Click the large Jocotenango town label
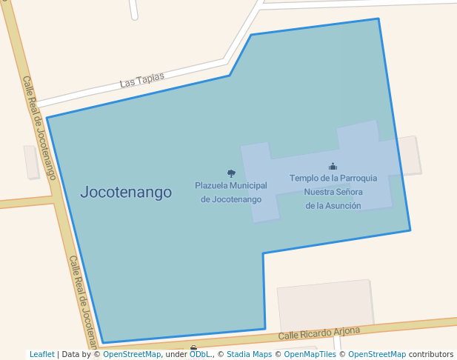point(126,193)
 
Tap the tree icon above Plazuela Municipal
point(231,173)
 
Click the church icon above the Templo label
point(333,167)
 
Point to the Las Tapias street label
point(141,79)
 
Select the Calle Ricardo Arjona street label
point(319,333)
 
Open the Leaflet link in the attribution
point(42,354)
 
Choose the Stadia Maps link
point(249,354)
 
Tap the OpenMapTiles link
point(310,354)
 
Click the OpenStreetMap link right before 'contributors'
point(377,354)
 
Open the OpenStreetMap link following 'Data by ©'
point(132,354)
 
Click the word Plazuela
point(211,184)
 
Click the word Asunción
point(344,205)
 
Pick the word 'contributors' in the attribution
point(431,354)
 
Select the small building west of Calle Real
point(31,161)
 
